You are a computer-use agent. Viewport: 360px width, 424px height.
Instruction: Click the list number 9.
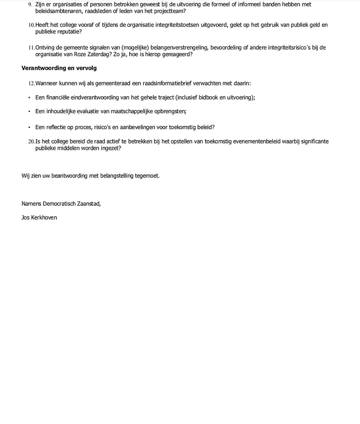point(30,5)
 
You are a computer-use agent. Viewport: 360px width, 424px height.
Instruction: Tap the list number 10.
point(31,25)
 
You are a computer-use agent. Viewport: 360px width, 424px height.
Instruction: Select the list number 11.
point(31,48)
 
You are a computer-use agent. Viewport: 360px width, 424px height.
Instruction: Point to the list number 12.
point(31,84)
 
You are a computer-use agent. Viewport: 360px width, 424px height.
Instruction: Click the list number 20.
point(31,142)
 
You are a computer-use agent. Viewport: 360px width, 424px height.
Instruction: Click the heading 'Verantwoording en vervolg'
point(59,68)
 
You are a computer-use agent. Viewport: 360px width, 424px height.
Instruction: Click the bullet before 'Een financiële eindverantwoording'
point(29,98)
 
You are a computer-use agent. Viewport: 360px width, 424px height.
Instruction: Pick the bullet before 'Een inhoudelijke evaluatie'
point(29,112)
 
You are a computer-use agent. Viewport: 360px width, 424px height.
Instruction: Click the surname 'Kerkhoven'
point(44,217)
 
